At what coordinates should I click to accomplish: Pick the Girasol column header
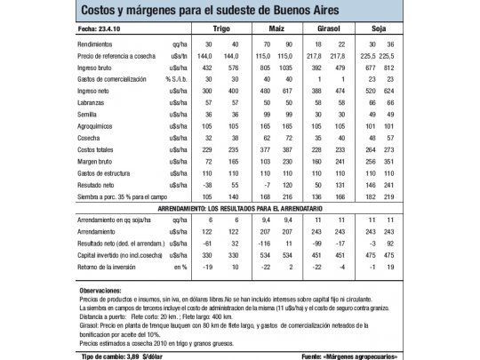click(x=331, y=29)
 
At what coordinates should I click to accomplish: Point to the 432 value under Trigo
click(x=209, y=68)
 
